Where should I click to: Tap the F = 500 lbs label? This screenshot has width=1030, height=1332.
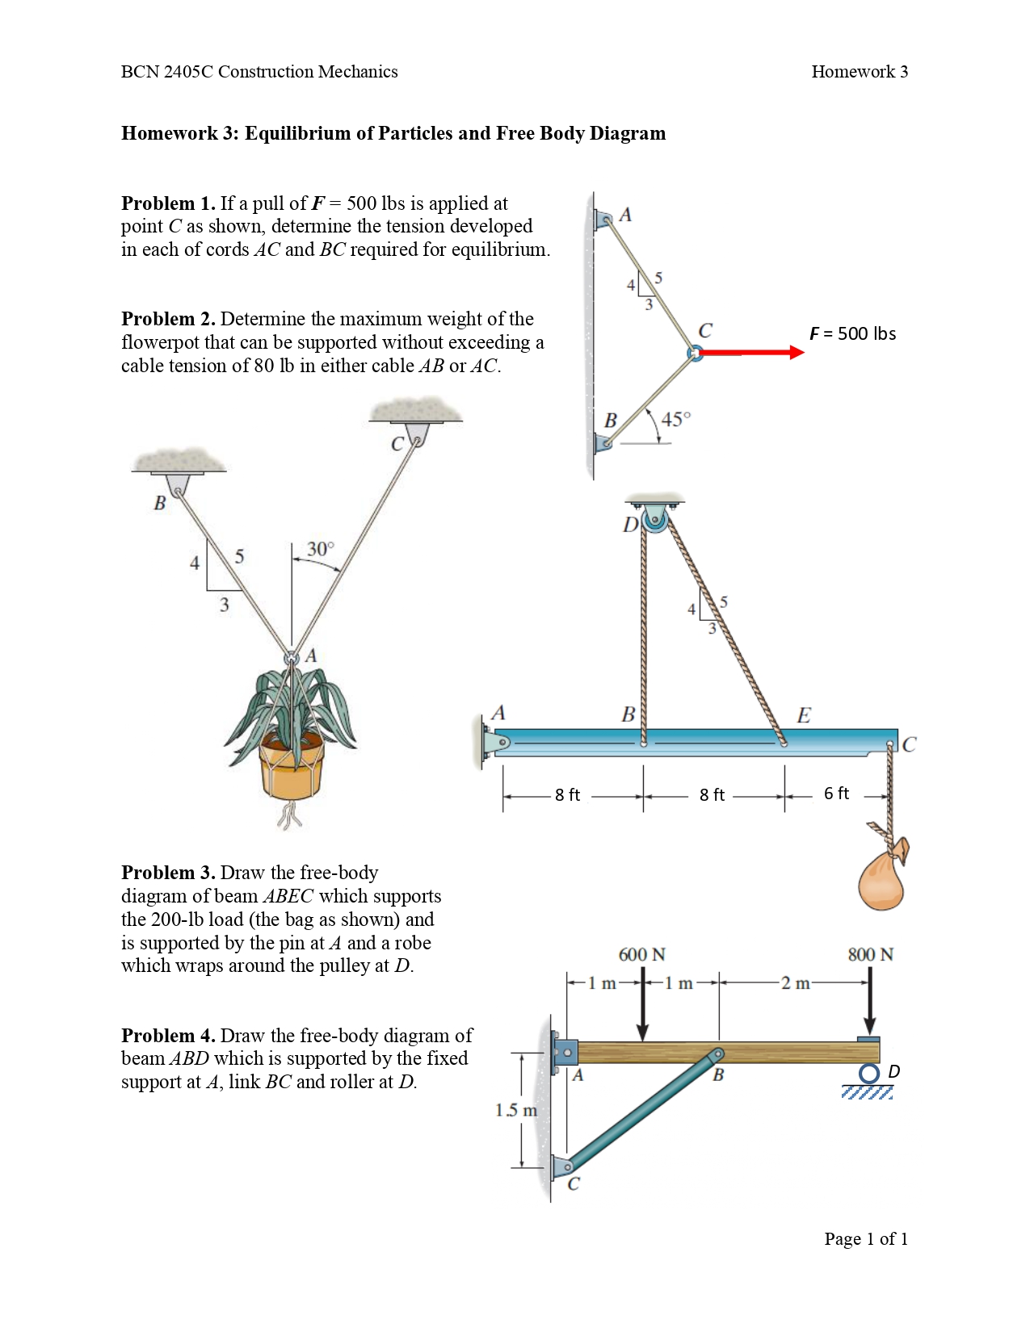click(x=852, y=333)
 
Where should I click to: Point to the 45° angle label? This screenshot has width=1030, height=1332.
click(x=675, y=419)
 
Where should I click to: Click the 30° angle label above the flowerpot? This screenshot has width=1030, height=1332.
click(x=320, y=549)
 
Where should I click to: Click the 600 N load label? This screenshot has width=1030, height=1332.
click(x=641, y=954)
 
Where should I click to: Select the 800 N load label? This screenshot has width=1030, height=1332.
click(x=870, y=954)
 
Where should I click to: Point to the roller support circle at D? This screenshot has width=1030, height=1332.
click(x=868, y=1073)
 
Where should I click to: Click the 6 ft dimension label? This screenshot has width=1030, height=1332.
click(x=836, y=794)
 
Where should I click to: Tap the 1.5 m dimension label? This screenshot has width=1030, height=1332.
click(x=515, y=1110)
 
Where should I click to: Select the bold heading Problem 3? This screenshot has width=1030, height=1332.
click(x=168, y=873)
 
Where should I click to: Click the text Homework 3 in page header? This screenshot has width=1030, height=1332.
click(x=859, y=72)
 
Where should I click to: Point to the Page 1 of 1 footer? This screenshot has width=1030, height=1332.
click(x=865, y=1238)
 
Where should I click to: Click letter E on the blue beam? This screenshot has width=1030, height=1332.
click(x=803, y=715)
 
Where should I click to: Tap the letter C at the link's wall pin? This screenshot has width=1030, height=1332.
click(x=574, y=1184)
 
